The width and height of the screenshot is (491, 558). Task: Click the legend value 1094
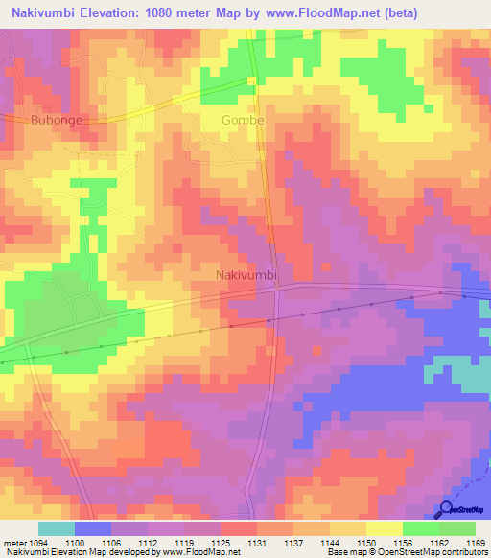point(39,542)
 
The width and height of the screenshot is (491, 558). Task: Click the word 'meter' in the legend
point(14,542)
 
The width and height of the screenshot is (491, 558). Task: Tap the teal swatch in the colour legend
point(57,527)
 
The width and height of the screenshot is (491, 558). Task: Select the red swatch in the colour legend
point(239,527)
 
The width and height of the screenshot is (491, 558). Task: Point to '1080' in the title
point(171,13)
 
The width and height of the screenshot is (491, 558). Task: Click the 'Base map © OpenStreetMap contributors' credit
point(406,553)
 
